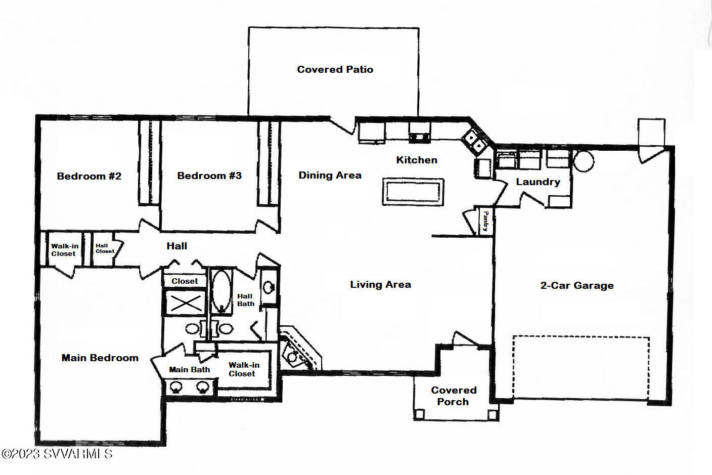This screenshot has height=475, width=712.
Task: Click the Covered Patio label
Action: (335, 69)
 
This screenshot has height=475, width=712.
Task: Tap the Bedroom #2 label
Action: (89, 176)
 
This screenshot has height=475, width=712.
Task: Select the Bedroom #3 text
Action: (209, 176)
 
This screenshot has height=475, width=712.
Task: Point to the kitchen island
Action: (413, 192)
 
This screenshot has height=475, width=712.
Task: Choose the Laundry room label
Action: (538, 182)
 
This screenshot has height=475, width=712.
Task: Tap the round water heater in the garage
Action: (583, 161)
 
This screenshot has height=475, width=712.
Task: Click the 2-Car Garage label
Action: (577, 285)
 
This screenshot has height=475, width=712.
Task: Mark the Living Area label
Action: (380, 284)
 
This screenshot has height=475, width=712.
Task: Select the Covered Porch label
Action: (453, 396)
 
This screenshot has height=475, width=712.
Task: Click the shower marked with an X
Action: (186, 303)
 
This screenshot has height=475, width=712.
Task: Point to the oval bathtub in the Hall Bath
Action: (221, 292)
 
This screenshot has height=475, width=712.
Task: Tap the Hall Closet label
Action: (105, 248)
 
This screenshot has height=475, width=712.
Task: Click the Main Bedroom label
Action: (100, 358)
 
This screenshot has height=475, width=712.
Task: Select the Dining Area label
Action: (330, 175)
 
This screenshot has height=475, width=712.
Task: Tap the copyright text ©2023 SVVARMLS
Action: (57, 454)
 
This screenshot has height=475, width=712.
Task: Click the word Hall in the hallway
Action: (176, 246)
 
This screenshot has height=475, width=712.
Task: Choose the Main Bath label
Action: (189, 370)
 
